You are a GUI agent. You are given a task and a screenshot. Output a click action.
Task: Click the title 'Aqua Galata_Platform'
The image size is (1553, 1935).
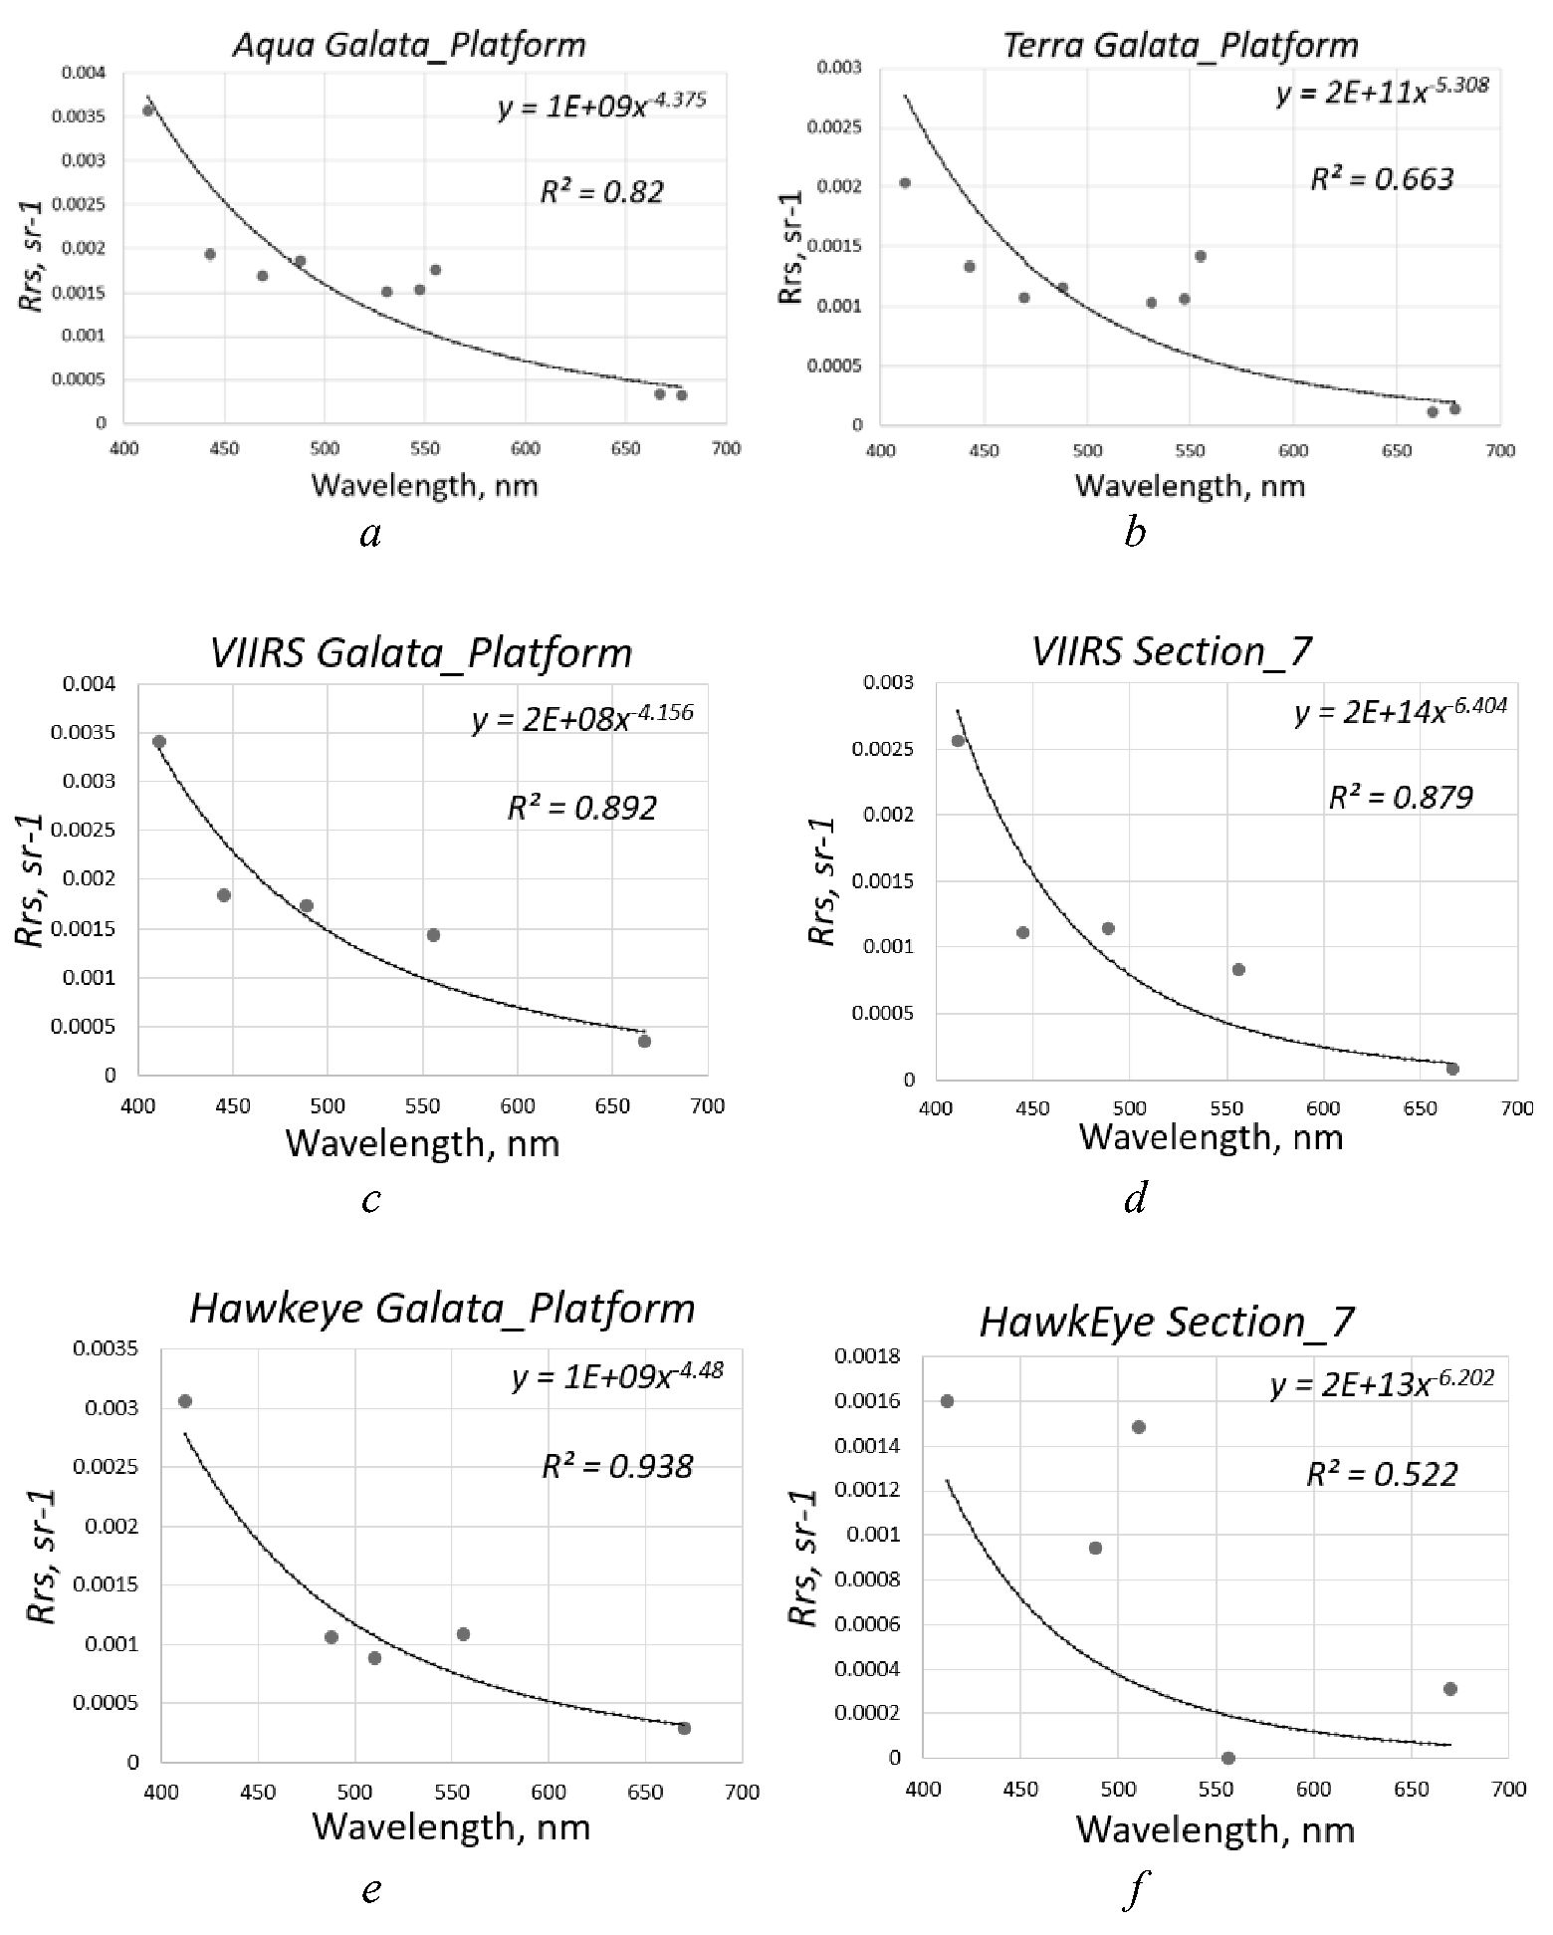click(409, 45)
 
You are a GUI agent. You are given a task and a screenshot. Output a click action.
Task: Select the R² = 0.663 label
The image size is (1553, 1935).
click(1382, 179)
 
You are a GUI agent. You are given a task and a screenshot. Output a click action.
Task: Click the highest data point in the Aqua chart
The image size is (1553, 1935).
click(148, 111)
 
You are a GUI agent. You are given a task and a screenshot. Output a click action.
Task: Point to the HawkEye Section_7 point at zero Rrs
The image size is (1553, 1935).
click(1228, 1758)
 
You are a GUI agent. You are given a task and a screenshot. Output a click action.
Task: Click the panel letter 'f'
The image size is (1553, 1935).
click(1134, 1889)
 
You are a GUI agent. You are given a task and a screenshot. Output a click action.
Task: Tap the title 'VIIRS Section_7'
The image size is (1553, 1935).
click(1172, 651)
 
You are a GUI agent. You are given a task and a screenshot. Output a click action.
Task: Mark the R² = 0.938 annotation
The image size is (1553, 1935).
click(617, 1466)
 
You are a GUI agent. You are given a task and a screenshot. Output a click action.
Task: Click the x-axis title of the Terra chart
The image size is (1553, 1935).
click(1190, 485)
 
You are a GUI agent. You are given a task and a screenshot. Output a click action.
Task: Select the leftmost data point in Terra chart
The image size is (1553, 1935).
click(905, 182)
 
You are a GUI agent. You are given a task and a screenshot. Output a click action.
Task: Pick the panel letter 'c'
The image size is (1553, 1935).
click(371, 1200)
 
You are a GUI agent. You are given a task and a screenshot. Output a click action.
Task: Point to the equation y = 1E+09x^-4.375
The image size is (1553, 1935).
click(602, 105)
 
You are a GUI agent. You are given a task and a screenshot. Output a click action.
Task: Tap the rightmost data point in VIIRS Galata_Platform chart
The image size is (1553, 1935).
click(644, 1041)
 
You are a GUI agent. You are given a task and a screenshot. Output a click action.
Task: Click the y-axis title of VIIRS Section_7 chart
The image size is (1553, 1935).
click(822, 881)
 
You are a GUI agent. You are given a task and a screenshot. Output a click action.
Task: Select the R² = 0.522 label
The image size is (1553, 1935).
click(1382, 1474)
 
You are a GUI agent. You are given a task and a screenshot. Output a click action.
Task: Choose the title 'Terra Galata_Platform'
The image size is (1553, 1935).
click(1180, 45)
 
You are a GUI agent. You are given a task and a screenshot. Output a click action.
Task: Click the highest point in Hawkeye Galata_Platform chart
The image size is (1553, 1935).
click(185, 1401)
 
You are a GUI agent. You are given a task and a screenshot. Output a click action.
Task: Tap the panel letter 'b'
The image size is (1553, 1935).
click(1134, 534)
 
